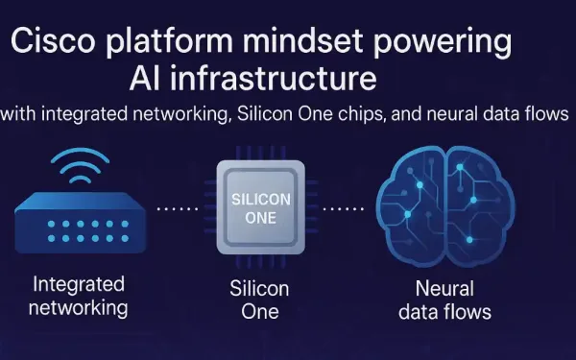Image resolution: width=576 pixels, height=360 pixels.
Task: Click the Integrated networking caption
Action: (78, 296)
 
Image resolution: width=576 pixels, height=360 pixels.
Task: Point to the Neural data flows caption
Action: (452, 299)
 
